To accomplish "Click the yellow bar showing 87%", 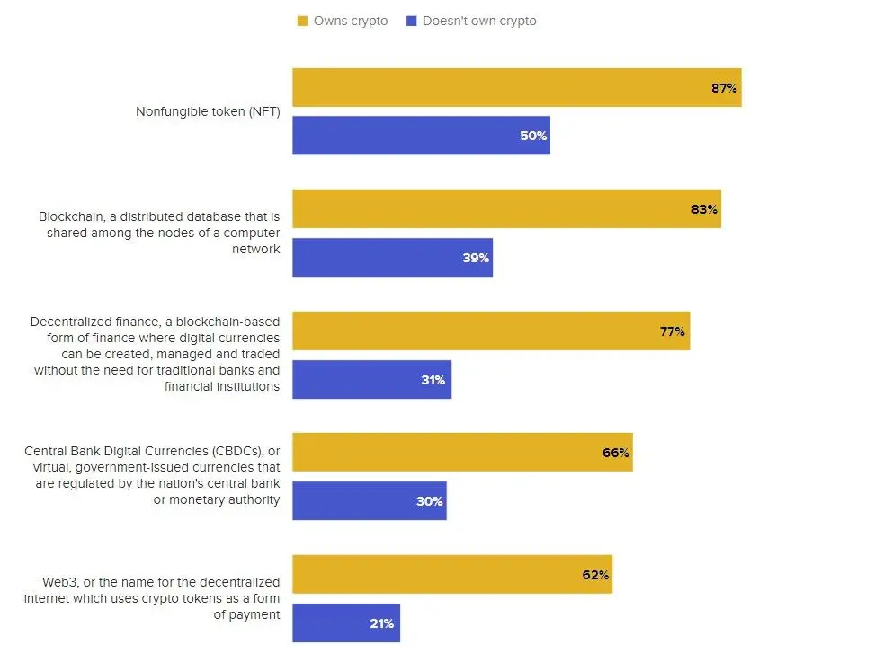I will pos(516,87).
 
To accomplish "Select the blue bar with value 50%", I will pos(421,136).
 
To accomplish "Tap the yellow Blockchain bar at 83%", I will pos(506,208).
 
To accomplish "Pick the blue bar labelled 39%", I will pos(392,258).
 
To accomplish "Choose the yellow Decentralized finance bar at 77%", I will pos(491,331).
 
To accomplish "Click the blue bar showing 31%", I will pos(371,379).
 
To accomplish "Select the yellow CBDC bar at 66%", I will pos(462,452).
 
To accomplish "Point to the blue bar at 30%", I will pos(369,500).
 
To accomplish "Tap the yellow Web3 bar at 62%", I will pos(452,574).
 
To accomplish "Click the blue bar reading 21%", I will pos(345,622).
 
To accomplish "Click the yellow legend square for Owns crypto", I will pos(302,21).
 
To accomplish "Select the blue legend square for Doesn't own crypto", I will pos(411,21).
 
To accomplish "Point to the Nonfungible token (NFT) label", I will pos(208,112).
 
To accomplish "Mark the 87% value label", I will pos(724,88).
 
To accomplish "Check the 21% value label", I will pos(381,623).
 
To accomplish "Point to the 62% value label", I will pos(595,575).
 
